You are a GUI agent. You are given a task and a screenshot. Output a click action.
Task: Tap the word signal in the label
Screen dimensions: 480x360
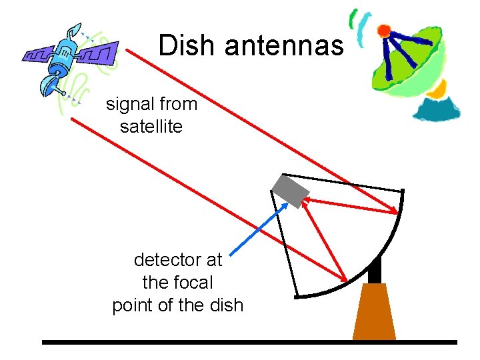(x=129, y=105)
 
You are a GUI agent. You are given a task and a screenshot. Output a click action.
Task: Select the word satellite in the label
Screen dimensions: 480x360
(x=151, y=126)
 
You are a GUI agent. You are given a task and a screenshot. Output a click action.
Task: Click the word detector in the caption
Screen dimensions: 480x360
(x=169, y=259)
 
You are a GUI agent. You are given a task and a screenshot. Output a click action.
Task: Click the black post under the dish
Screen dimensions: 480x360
(x=374, y=271)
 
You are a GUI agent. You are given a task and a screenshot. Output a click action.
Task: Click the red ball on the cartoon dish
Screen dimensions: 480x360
(x=383, y=31)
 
